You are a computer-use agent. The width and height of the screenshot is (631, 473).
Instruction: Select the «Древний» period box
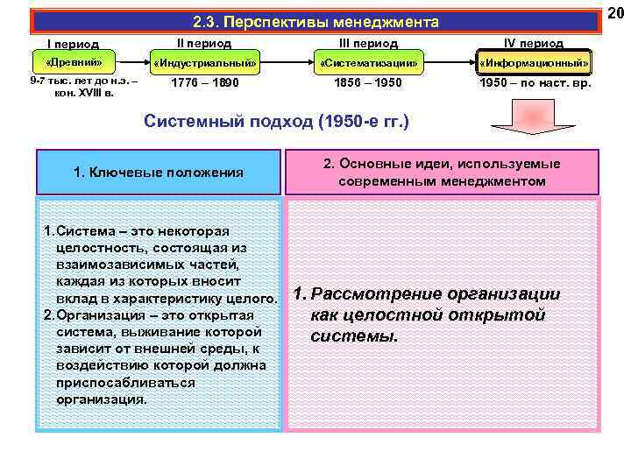coord(74,62)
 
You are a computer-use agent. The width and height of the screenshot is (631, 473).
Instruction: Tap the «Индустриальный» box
coord(204,64)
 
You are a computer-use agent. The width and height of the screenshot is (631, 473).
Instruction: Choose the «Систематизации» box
coord(369,64)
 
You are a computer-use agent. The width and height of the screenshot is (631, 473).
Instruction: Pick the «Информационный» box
coord(534,64)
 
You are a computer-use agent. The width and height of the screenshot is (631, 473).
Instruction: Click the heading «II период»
coord(204,42)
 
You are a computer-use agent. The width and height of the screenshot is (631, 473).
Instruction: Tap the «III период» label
coord(369,42)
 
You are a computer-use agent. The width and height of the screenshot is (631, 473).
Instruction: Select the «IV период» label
coord(535,42)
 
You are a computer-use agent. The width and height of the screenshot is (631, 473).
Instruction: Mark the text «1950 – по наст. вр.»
coord(535,83)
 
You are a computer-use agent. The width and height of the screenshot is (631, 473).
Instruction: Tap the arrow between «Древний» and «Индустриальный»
coord(132,63)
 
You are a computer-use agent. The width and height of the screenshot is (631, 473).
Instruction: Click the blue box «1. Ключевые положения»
coord(158,172)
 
